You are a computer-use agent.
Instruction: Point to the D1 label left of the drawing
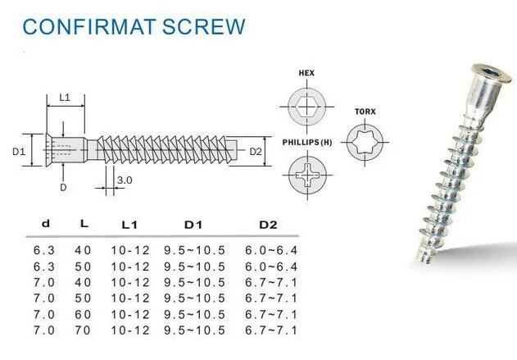(20, 151)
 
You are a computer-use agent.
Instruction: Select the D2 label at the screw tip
(256, 151)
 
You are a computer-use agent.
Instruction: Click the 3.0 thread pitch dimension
(125, 180)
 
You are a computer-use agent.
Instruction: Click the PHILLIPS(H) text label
(307, 141)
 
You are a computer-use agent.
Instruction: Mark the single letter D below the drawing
(63, 187)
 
